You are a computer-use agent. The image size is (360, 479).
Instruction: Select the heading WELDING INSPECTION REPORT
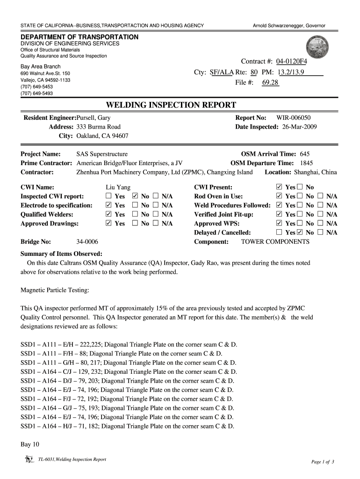(171, 104)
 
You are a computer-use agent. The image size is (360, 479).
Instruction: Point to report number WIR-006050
(293, 118)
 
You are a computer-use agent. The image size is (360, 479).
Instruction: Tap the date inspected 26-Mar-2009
(300, 127)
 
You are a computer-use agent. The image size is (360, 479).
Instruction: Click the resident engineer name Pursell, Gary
(94, 118)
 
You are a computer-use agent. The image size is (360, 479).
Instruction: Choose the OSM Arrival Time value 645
(304, 154)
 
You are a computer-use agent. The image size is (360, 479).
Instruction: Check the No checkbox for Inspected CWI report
(136, 196)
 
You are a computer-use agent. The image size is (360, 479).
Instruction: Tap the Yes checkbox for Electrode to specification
(109, 205)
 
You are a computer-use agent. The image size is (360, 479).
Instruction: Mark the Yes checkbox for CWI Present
(280, 188)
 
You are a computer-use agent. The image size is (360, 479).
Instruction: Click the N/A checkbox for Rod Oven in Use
(320, 196)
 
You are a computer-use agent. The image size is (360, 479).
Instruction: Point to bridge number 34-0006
(87, 242)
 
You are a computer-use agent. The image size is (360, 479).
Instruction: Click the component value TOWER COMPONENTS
(275, 242)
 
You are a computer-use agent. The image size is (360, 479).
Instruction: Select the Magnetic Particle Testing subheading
(55, 290)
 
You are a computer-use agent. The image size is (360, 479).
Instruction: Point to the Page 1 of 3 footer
(323, 462)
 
